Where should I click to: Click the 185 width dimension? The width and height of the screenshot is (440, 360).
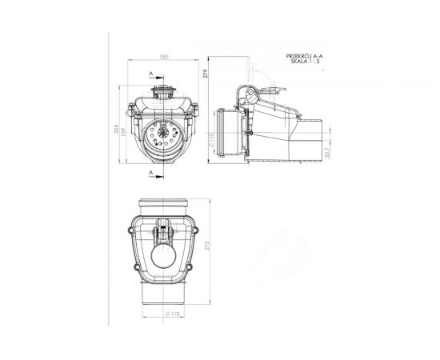pyautogui.click(x=163, y=57)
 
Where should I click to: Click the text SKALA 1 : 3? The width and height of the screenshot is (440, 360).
pyautogui.click(x=305, y=63)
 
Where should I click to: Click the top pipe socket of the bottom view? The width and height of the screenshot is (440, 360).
pyautogui.click(x=164, y=207)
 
